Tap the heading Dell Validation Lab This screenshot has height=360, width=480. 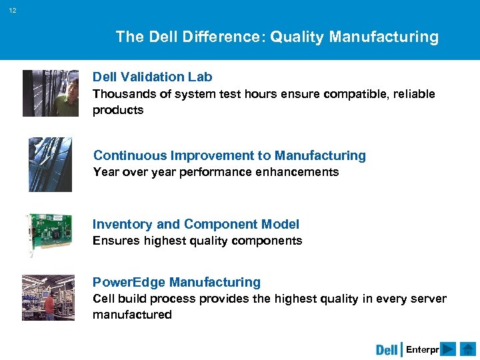click(152, 77)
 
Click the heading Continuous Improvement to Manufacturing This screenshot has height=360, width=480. click(229, 155)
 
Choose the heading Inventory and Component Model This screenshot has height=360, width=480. click(195, 224)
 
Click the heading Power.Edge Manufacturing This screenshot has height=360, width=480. click(176, 282)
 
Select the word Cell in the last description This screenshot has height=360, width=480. click(103, 299)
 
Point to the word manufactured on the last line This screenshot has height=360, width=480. click(132, 315)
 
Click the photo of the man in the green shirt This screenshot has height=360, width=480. click(51, 93)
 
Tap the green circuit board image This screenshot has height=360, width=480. click(49, 234)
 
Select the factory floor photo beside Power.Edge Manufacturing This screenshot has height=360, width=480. click(48, 297)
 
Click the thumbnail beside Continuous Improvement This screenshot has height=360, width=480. click(50, 165)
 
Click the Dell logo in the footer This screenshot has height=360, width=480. click(387, 349)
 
